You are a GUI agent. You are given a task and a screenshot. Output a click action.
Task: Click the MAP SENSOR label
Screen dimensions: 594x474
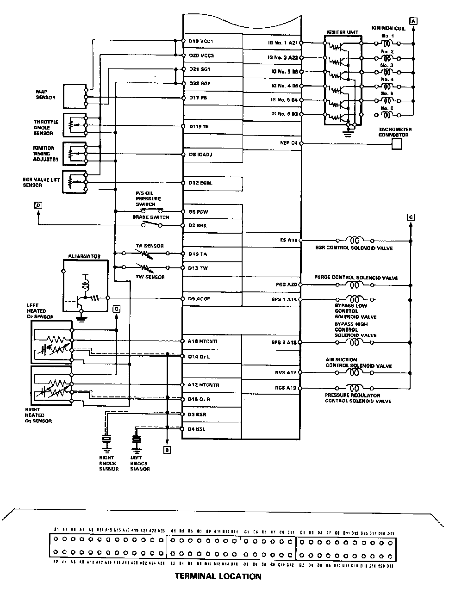pyautogui.click(x=45, y=94)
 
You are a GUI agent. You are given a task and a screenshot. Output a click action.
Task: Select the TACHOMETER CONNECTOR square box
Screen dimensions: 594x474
pyautogui.click(x=396, y=144)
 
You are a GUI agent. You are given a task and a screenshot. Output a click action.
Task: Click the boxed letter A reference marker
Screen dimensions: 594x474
pyautogui.click(x=413, y=20)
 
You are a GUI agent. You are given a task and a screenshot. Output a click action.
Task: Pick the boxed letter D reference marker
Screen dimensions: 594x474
pyautogui.click(x=38, y=205)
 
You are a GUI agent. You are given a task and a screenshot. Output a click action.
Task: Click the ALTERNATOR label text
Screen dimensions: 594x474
pyautogui.click(x=84, y=256)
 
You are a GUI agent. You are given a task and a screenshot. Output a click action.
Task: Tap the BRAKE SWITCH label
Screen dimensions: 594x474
pyautogui.click(x=151, y=217)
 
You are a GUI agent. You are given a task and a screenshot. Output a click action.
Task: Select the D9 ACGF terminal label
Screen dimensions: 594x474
pyautogui.click(x=200, y=299)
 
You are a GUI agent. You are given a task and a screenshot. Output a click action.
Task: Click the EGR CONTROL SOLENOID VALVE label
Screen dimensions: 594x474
pyautogui.click(x=354, y=248)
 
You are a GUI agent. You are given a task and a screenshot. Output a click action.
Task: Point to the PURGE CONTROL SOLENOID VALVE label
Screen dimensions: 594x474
pyautogui.click(x=356, y=278)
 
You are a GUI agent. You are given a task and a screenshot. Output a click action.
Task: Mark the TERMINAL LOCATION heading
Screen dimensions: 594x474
pyautogui.click(x=218, y=576)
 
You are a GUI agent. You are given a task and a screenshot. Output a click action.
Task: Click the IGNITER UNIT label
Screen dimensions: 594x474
pyautogui.click(x=343, y=32)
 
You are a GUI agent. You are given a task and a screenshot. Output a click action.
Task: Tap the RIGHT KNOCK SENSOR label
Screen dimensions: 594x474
pyautogui.click(x=109, y=463)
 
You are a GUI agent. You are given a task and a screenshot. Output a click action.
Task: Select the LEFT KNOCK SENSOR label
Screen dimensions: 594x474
pyautogui.click(x=140, y=463)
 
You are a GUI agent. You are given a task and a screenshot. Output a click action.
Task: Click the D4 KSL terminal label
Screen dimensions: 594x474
pyautogui.click(x=197, y=429)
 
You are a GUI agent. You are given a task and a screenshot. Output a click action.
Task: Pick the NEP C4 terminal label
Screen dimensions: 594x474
pyautogui.click(x=288, y=143)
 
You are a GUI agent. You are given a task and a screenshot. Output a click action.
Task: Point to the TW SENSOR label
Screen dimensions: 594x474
pyautogui.click(x=150, y=277)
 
